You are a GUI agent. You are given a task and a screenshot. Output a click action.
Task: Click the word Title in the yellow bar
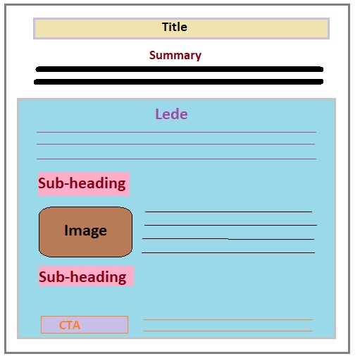pos(175,27)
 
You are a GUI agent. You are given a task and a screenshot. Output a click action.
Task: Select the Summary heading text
pos(175,56)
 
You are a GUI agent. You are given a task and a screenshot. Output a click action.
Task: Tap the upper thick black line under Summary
pos(180,69)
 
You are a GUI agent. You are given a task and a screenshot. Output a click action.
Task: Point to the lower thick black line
pos(179,82)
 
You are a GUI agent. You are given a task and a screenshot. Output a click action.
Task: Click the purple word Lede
pos(171,114)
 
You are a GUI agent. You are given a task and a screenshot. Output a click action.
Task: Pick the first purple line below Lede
pos(176,132)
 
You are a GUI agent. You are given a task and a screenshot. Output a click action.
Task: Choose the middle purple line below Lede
pos(175,144)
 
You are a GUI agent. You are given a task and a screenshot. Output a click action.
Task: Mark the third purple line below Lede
pos(176,159)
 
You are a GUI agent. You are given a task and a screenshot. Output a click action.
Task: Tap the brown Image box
pos(85,232)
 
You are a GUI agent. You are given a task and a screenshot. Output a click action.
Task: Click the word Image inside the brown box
pos(85,231)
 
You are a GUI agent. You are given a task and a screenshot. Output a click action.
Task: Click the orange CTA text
pos(70,325)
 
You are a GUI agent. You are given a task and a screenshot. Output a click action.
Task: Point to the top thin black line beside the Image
pos(228,212)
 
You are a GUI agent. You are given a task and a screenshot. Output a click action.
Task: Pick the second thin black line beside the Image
pos(230,225)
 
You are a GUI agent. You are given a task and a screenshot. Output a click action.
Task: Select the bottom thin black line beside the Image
pos(228,252)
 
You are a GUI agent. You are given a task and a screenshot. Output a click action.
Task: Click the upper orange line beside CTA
pos(228,319)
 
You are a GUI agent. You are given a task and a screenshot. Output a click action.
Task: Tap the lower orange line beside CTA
pos(228,331)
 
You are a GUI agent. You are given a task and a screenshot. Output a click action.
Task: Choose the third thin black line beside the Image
pos(228,239)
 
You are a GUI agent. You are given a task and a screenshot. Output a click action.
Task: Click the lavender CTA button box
pos(85,325)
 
